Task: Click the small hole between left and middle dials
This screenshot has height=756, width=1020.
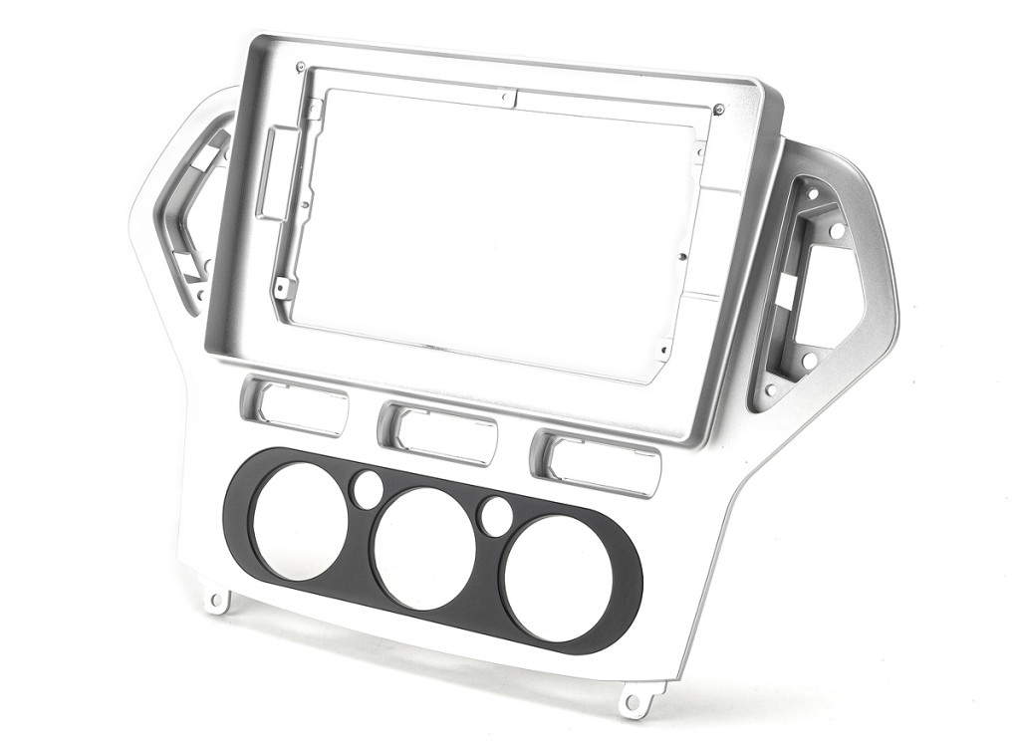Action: click(367, 487)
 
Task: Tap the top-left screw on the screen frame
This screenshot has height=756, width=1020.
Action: click(301, 67)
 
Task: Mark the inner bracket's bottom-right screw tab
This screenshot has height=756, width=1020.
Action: click(662, 350)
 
